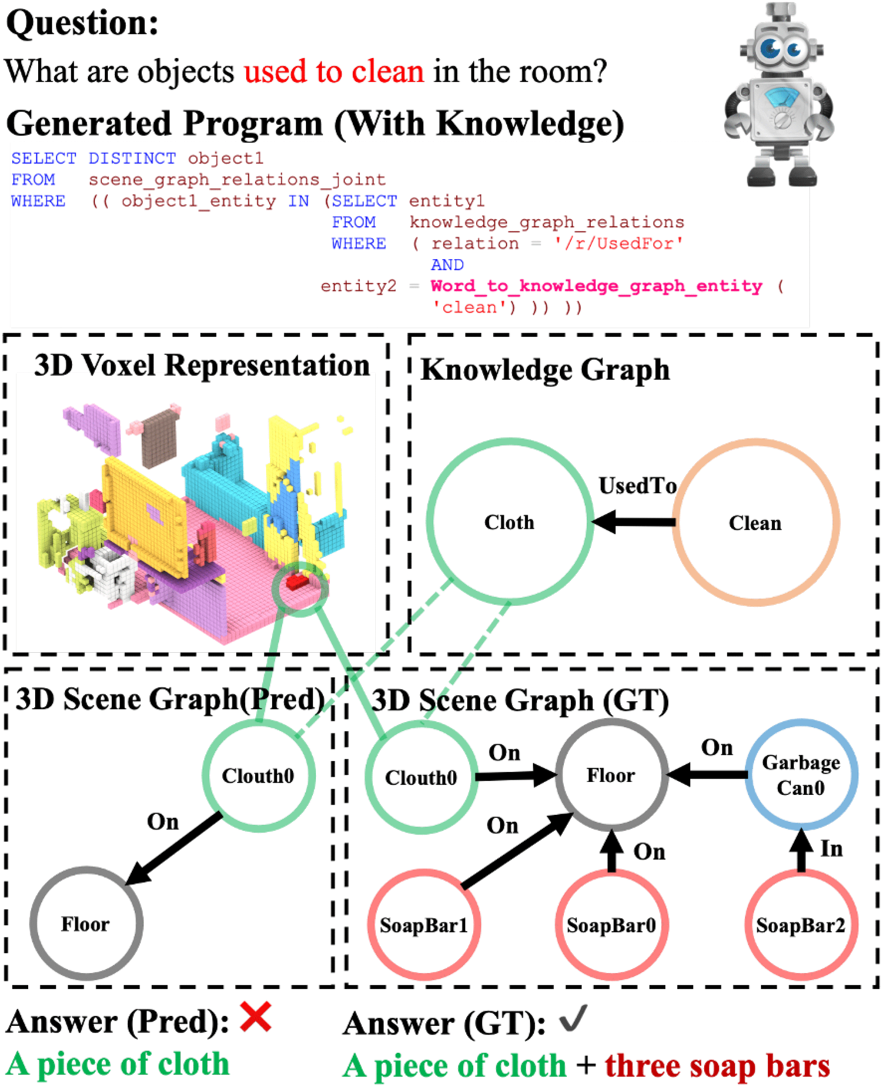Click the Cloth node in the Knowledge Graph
coord(509,522)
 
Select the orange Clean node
coord(755,523)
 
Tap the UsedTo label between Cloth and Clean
coord(637,486)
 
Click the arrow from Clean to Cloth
coord(634,522)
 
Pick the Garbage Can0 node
coord(801,775)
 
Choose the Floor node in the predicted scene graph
coord(86,924)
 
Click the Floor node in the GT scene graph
coord(611,775)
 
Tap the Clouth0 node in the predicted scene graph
coord(258,775)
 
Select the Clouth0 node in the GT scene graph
coord(421,778)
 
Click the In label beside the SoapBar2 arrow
coord(831,849)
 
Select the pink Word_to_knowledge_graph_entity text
coord(596,286)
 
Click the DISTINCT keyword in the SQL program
coord(132,158)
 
